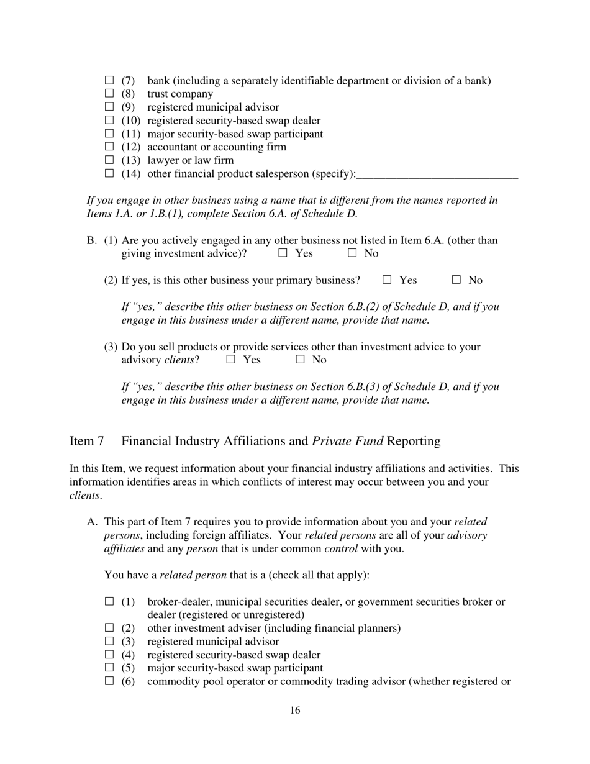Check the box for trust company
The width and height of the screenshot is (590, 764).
110,93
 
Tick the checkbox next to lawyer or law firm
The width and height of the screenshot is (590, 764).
110,160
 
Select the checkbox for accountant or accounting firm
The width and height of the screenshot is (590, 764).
110,147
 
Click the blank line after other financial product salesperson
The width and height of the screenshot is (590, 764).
437,175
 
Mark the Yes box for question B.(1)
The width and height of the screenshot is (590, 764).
283,253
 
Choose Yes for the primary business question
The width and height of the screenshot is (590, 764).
388,280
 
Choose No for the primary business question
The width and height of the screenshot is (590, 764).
456,280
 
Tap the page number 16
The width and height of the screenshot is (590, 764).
295,711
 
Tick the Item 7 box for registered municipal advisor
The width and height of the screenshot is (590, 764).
110,641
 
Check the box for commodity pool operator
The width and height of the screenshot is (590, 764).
110,681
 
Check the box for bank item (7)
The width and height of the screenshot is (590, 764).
110,80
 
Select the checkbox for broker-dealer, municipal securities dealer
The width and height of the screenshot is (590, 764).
110,601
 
